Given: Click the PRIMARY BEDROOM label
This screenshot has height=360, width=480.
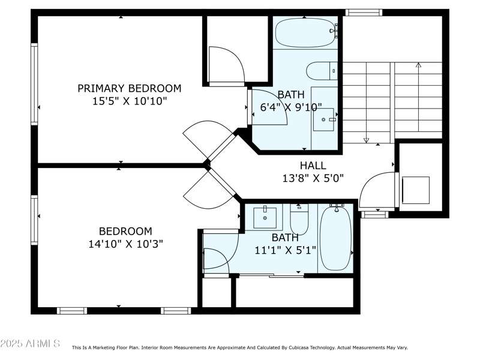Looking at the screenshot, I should [x=129, y=88].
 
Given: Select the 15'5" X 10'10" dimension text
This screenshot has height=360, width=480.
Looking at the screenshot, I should [x=129, y=101].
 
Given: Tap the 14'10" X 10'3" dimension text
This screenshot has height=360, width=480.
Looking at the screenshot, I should [x=125, y=244].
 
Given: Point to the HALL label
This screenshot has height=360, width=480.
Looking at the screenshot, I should [x=313, y=166].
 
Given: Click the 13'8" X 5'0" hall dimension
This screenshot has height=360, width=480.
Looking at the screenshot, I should [x=313, y=178].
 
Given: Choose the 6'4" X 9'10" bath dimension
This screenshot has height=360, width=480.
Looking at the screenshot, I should [x=291, y=108].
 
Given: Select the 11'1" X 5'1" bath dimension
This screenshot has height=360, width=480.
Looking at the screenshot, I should [x=285, y=250].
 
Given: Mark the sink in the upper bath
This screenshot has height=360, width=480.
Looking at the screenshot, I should [x=323, y=119].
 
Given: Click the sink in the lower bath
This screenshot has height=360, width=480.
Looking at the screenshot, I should [x=265, y=217].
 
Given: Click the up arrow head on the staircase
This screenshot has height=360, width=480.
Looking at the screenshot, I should [x=418, y=64].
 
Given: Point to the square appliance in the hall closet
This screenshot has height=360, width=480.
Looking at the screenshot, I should [x=415, y=190].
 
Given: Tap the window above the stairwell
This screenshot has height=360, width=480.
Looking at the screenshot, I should [x=364, y=12].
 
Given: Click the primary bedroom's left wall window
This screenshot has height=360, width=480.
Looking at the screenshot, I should [x=34, y=84].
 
